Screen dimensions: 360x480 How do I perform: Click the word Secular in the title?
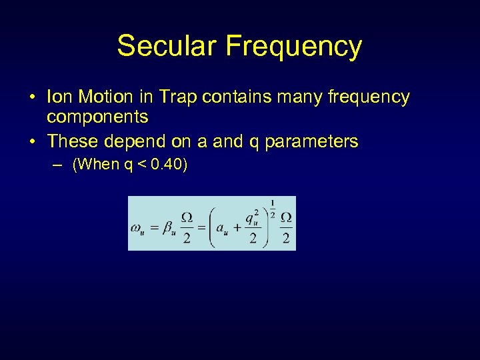point(167,46)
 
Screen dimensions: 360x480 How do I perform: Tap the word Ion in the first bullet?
point(59,97)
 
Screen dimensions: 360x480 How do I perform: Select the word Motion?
point(105,97)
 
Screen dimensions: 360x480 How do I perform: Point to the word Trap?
point(176,97)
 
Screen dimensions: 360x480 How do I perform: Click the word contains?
point(233,97)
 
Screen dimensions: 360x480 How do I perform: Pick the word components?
point(97,117)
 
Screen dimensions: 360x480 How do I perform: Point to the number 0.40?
point(167,165)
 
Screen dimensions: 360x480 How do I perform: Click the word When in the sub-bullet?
point(97,165)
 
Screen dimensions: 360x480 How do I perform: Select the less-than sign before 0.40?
point(141,165)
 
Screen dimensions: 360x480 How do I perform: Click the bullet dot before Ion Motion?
point(33,98)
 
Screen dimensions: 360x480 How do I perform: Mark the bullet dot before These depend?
point(33,142)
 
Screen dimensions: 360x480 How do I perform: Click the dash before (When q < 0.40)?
point(61,165)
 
